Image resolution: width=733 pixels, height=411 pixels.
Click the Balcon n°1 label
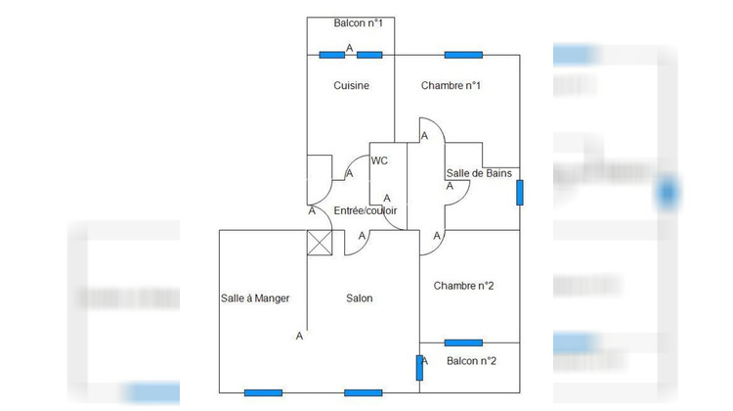(x=358, y=23)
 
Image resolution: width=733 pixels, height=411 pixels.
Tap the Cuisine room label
(x=351, y=85)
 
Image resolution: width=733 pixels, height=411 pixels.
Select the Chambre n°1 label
(x=451, y=85)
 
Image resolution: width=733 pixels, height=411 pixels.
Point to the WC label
(x=379, y=160)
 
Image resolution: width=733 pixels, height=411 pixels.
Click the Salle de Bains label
(x=479, y=173)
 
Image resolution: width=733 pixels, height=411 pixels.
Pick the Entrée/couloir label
(x=366, y=210)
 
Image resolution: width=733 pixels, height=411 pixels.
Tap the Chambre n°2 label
(x=463, y=286)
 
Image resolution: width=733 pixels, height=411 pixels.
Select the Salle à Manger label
(x=255, y=298)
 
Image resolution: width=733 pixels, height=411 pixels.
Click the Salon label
(x=359, y=298)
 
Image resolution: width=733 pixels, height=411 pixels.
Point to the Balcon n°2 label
(x=471, y=361)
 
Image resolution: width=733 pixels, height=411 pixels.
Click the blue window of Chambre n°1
(x=463, y=55)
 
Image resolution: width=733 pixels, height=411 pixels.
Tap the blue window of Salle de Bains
(x=519, y=193)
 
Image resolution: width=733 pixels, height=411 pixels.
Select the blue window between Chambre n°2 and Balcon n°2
(x=463, y=342)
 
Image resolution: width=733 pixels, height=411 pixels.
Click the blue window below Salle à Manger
(x=263, y=392)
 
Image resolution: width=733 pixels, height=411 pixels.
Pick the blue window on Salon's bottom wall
(x=364, y=392)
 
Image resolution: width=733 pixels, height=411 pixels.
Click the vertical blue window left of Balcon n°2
(x=419, y=368)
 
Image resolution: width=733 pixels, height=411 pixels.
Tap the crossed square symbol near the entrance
(x=320, y=243)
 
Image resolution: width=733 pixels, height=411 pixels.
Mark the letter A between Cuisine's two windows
(x=349, y=48)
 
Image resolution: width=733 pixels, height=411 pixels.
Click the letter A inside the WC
(x=387, y=199)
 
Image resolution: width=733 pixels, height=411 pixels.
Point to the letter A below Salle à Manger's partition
(x=299, y=336)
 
